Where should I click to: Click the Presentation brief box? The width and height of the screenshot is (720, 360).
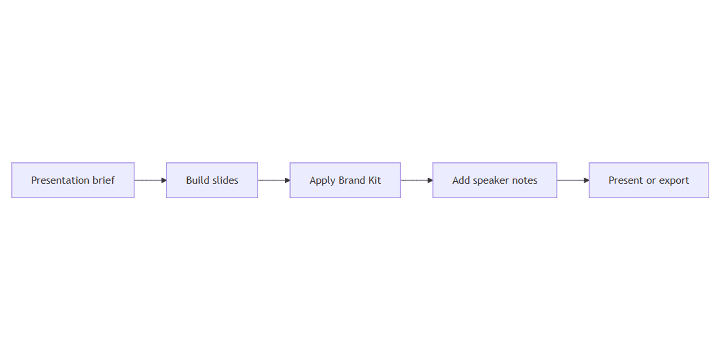click(x=73, y=180)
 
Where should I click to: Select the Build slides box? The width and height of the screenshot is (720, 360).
click(x=212, y=180)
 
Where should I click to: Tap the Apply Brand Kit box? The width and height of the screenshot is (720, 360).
click(x=345, y=180)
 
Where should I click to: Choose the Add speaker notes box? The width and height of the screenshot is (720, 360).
click(x=495, y=180)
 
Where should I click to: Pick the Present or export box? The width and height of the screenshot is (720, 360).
click(x=648, y=180)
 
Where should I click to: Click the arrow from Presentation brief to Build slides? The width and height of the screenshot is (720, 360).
click(x=150, y=180)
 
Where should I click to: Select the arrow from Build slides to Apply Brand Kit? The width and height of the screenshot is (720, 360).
click(x=274, y=180)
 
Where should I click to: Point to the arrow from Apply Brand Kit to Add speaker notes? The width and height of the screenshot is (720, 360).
click(x=417, y=180)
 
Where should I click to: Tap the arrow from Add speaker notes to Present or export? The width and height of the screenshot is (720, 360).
click(x=573, y=180)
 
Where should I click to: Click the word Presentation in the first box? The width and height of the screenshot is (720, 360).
click(x=60, y=180)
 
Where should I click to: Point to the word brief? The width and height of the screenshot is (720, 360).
click(x=103, y=180)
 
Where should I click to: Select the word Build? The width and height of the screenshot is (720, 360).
click(x=198, y=180)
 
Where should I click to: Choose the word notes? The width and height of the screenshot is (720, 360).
click(x=525, y=180)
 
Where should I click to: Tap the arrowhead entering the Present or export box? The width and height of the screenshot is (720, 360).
click(x=587, y=180)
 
